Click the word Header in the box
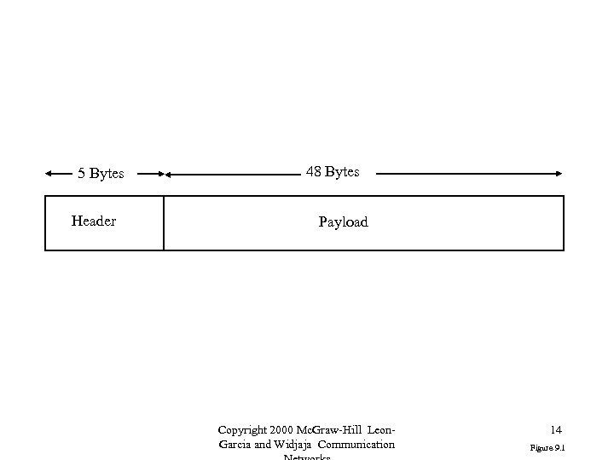tap(94, 221)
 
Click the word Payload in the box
tap(343, 222)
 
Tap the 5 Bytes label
tap(101, 174)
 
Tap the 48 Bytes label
tap(333, 172)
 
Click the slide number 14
tap(556, 431)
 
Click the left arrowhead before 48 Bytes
tap(169, 175)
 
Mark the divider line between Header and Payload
tap(164, 223)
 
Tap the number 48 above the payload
tap(314, 172)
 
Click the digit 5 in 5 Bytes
tap(81, 174)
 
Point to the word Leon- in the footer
tap(383, 430)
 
